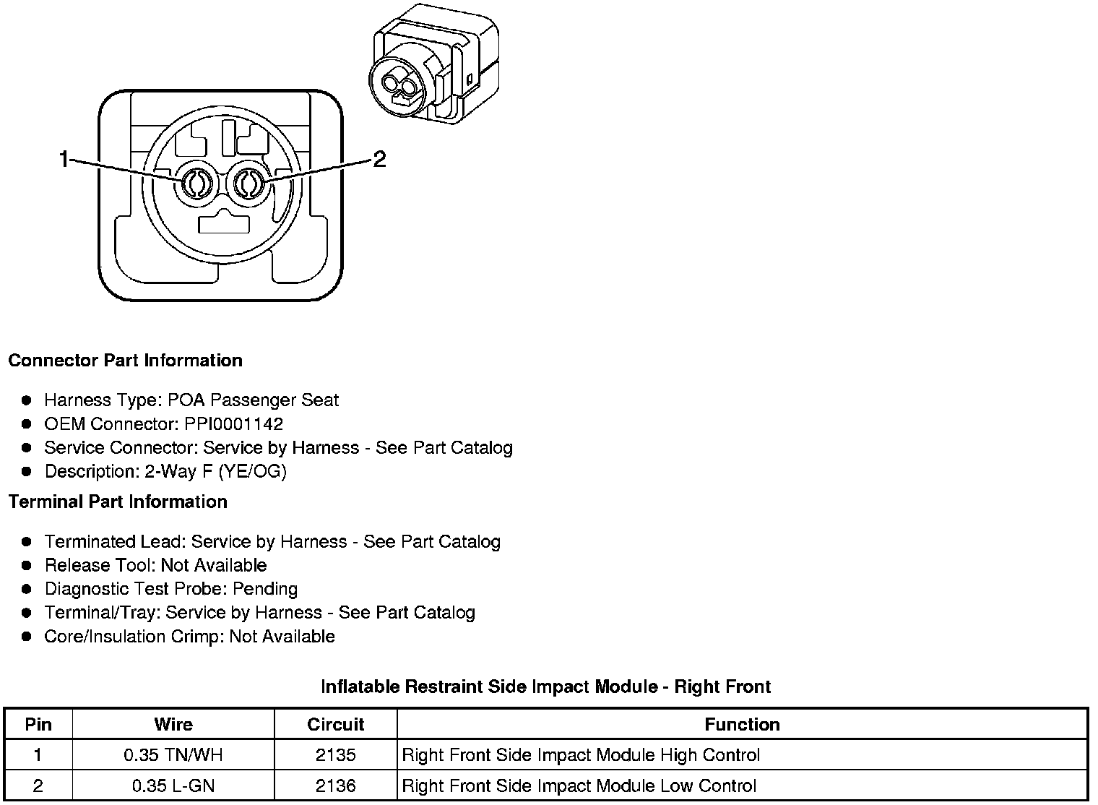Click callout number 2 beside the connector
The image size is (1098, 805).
point(379,159)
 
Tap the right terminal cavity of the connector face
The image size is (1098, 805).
point(246,184)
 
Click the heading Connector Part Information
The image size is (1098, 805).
point(125,361)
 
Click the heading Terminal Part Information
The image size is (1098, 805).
point(118,501)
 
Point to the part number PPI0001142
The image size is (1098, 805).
point(233,424)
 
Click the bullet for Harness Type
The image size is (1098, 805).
point(27,400)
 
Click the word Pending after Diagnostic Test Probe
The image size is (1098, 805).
point(265,589)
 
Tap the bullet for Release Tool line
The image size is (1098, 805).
point(27,565)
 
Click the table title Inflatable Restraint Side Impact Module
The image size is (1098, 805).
point(545,686)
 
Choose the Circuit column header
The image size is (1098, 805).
point(335,724)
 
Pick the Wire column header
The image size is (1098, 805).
point(173,724)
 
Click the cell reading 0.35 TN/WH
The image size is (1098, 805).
point(173,756)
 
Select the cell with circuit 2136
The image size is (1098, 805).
point(335,786)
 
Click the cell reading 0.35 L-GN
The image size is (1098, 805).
point(173,786)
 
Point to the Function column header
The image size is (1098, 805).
point(742,724)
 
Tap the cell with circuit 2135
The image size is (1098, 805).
point(335,756)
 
